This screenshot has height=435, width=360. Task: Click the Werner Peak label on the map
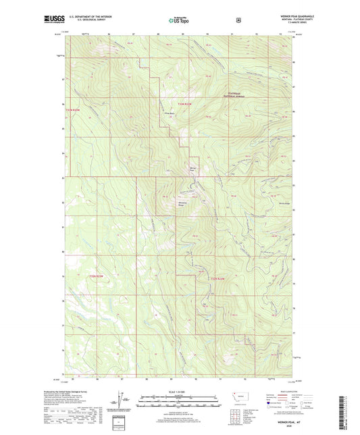click(x=192, y=168)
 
